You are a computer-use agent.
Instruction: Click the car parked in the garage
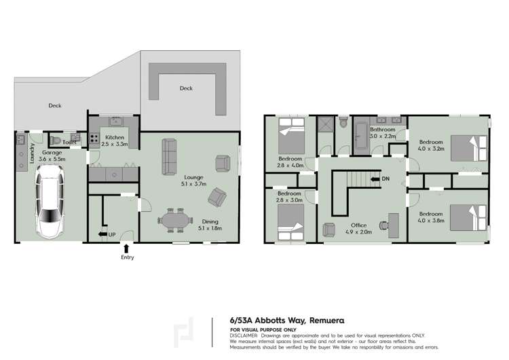click(52, 203)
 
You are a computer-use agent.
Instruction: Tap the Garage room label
click(52, 153)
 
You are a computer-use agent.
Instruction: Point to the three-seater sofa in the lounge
click(168, 156)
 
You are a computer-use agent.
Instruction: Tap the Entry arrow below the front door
click(127, 249)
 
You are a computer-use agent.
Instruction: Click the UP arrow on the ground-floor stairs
click(103, 234)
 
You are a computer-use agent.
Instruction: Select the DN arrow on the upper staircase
click(375, 179)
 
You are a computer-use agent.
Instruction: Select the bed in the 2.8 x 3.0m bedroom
click(290, 221)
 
